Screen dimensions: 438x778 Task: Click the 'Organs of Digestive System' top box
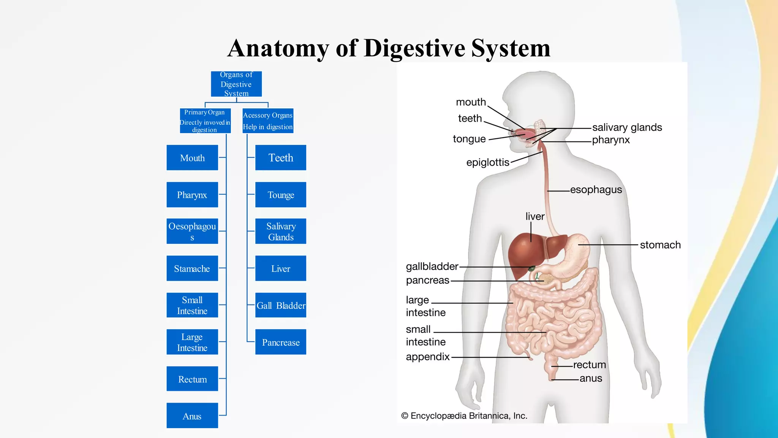(x=236, y=84)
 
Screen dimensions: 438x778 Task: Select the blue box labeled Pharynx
(x=192, y=195)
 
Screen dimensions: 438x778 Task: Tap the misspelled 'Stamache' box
(x=192, y=268)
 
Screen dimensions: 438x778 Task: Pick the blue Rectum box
(x=192, y=379)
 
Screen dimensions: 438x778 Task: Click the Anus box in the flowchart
(x=192, y=416)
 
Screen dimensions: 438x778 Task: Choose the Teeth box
(x=281, y=157)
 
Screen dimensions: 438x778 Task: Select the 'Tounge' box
(x=281, y=195)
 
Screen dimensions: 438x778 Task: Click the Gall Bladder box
(x=281, y=305)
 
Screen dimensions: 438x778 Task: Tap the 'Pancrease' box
(x=281, y=342)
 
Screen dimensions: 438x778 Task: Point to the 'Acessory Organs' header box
(x=268, y=121)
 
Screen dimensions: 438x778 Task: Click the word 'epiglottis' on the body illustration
(x=488, y=162)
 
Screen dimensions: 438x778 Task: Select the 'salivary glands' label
(x=627, y=127)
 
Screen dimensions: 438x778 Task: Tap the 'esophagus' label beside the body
(x=596, y=189)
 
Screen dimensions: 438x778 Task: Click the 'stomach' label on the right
(x=660, y=245)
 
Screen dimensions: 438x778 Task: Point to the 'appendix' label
(x=428, y=357)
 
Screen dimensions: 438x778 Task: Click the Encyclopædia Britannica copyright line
(x=464, y=416)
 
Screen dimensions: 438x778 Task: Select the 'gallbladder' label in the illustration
(x=432, y=267)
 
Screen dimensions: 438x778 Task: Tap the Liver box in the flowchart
(x=281, y=268)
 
